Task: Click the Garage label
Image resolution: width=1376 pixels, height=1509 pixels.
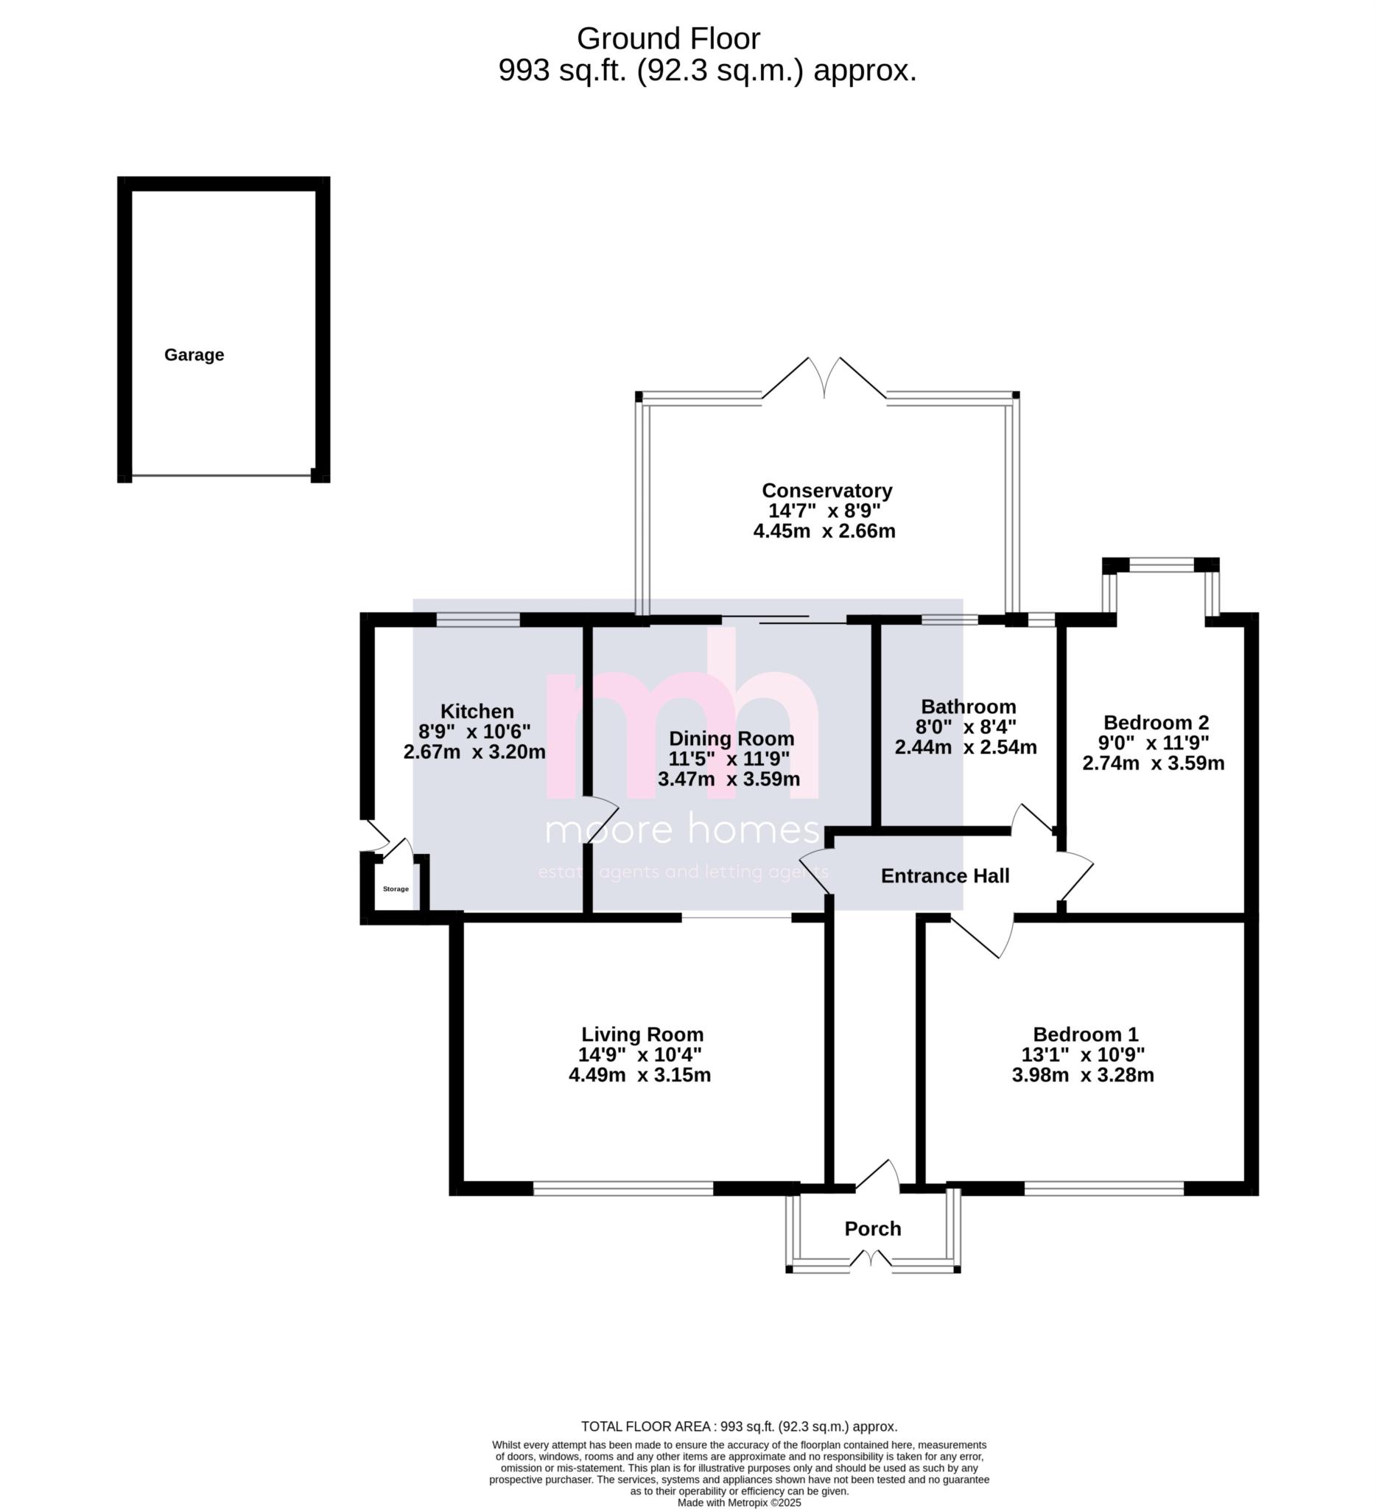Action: coord(194,355)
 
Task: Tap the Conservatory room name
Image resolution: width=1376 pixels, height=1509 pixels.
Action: coord(826,490)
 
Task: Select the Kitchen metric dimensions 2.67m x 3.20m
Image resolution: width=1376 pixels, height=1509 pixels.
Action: coord(474,752)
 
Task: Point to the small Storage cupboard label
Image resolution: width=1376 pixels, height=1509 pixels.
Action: coord(396,889)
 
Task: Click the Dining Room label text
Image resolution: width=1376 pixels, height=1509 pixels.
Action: coord(731,738)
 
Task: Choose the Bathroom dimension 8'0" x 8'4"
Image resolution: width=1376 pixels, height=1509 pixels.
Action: coord(965,727)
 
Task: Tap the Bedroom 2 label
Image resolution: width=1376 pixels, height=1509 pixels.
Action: coord(1155,722)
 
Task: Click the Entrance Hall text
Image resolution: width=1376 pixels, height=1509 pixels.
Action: coord(944,876)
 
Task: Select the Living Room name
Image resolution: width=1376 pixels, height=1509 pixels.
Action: coord(642,1034)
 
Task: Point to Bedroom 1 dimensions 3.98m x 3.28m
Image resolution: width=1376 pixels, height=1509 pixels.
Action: coord(1082,1075)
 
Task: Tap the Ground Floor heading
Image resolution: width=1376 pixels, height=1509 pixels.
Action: coord(668,39)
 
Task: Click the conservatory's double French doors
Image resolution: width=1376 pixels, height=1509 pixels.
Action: coord(824,379)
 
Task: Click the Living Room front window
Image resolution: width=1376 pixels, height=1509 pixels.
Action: coord(622,1188)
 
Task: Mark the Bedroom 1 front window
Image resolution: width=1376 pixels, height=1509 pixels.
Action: coord(1103,1188)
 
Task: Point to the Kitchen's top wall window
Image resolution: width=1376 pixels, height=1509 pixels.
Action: coord(477,620)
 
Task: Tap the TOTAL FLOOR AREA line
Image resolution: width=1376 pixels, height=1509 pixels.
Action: coord(739,1426)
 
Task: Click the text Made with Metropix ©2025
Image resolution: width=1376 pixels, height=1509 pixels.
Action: coord(739,1502)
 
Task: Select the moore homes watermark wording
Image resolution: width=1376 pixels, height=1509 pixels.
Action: coord(682,830)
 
